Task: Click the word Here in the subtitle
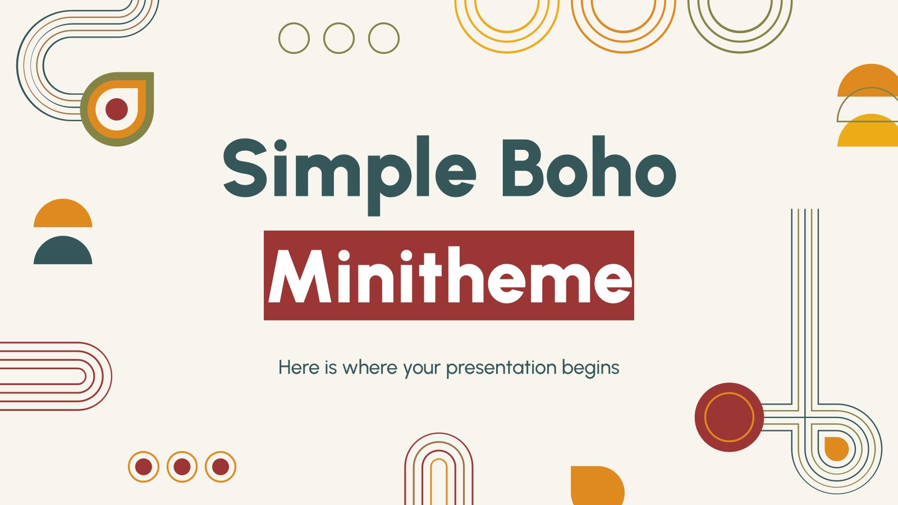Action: click(x=299, y=368)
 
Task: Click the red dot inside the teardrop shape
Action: click(x=117, y=109)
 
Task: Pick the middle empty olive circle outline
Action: click(x=339, y=38)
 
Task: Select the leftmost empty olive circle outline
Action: click(x=294, y=38)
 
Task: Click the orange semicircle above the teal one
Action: click(x=63, y=215)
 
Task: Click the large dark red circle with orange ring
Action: click(x=729, y=417)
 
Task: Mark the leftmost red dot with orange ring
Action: click(x=144, y=467)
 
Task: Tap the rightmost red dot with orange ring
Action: click(x=221, y=467)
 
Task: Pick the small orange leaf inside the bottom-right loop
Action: click(x=835, y=449)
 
